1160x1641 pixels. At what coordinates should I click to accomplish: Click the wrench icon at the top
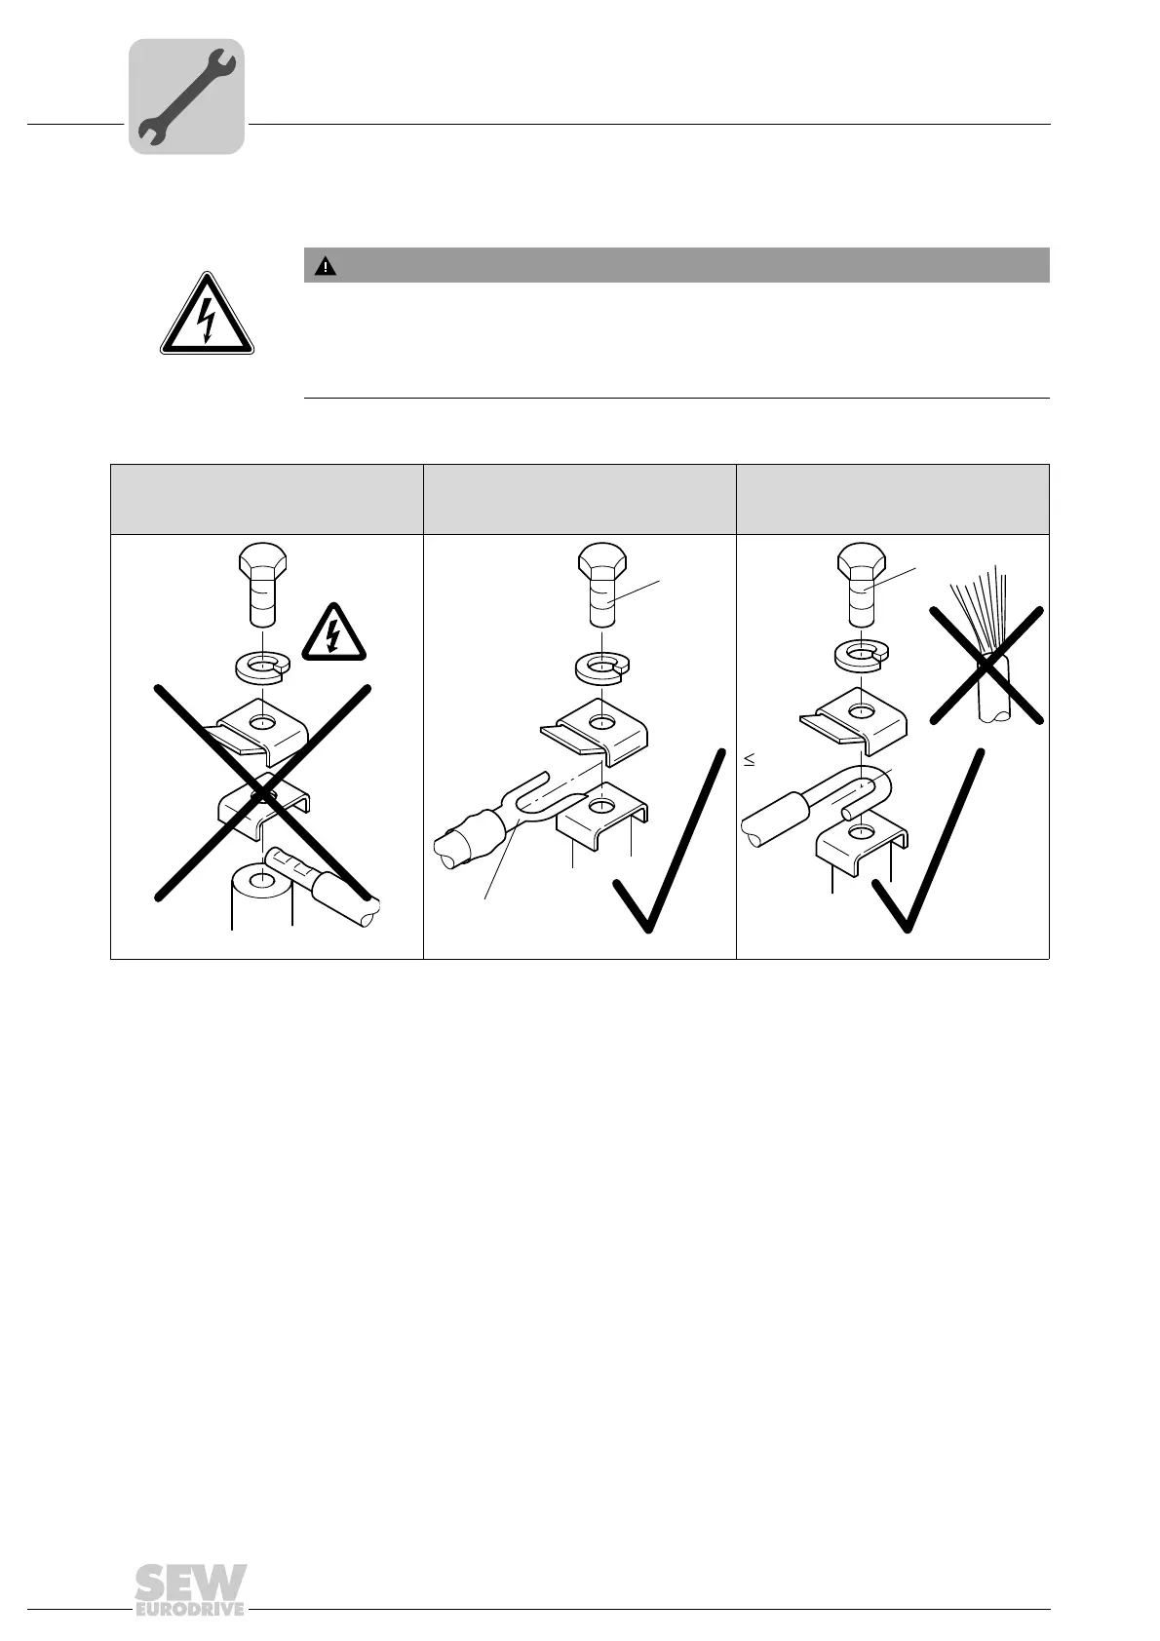[x=186, y=95]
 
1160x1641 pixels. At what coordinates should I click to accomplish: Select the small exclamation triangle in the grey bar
[x=325, y=266]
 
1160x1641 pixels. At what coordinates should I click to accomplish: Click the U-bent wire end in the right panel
[x=858, y=789]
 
